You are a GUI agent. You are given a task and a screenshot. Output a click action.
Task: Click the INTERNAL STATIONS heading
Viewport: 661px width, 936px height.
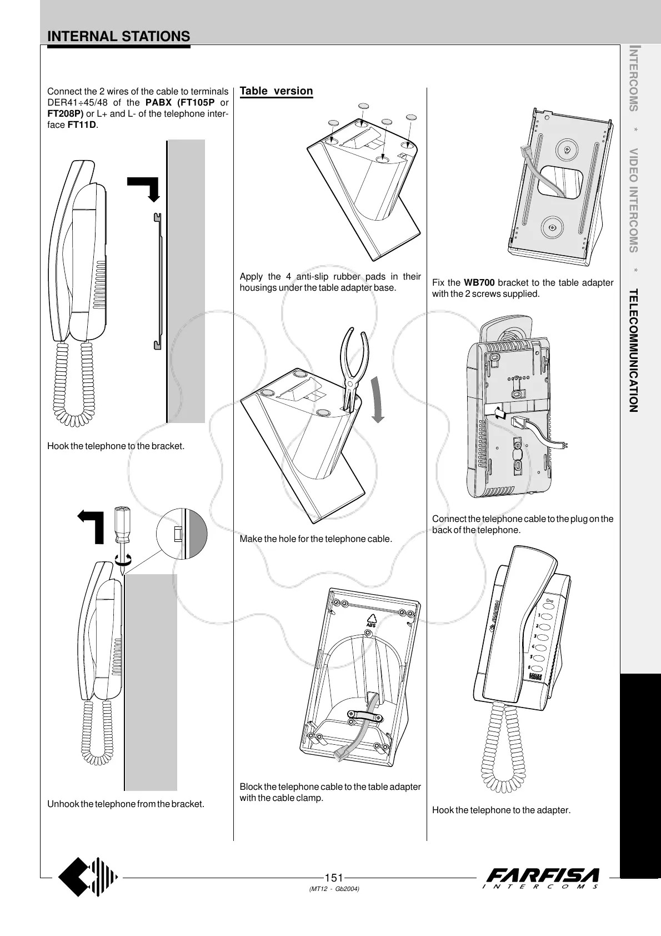click(119, 37)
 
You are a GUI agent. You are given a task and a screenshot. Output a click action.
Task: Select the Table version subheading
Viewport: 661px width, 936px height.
click(276, 91)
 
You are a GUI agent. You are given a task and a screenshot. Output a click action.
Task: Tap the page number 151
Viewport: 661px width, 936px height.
click(333, 878)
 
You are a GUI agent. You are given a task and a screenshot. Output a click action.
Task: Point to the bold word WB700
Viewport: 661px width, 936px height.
click(479, 283)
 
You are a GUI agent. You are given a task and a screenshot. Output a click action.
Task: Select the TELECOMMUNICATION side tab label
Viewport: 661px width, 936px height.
click(633, 350)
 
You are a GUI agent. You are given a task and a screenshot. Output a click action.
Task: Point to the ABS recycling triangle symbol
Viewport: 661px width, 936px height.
click(371, 620)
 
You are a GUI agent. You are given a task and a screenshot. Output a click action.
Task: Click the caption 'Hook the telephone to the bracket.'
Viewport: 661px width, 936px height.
click(116, 446)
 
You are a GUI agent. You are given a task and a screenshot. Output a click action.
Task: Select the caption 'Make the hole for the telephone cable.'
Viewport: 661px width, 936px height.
click(316, 539)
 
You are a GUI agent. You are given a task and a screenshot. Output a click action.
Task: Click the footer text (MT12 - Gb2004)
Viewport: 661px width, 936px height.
click(334, 889)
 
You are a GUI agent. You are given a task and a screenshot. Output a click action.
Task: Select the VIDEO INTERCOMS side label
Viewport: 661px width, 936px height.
click(633, 200)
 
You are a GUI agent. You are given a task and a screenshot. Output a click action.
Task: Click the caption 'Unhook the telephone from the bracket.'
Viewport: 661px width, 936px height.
click(126, 804)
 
